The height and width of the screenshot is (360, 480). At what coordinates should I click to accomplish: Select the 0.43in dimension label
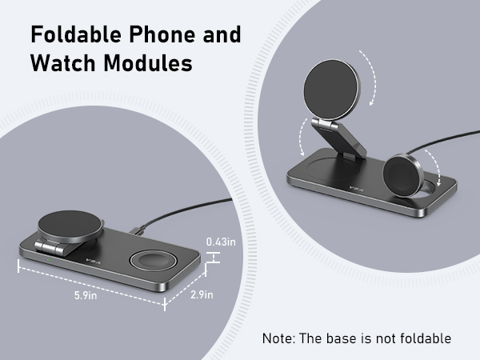[x=219, y=241]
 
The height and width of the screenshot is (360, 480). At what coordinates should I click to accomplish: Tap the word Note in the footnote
[x=278, y=338]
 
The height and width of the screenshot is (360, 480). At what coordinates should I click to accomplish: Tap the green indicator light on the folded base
[x=49, y=258]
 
